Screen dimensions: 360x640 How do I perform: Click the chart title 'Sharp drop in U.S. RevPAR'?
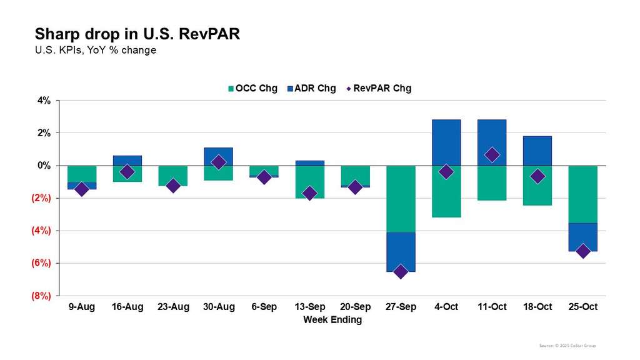coord(137,34)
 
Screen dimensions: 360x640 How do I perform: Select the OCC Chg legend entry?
coord(253,88)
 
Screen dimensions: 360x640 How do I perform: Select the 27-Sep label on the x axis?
coord(401,307)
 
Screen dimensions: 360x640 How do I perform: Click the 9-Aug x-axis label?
coord(82,307)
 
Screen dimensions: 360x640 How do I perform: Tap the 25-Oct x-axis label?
coord(582,307)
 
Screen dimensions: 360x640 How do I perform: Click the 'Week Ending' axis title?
coord(332,319)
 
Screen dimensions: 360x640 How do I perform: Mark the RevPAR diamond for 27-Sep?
coord(401,271)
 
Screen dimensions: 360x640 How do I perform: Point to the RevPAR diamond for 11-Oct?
coord(492,154)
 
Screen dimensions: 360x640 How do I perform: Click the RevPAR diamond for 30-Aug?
coord(218,162)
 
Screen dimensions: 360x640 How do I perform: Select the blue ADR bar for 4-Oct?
coord(446,142)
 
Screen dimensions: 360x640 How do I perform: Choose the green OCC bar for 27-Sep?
coord(401,199)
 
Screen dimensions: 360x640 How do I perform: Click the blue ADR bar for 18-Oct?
coord(537,151)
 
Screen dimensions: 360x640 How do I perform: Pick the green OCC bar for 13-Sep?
coord(309,182)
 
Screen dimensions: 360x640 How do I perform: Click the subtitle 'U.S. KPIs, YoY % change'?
coord(96,50)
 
